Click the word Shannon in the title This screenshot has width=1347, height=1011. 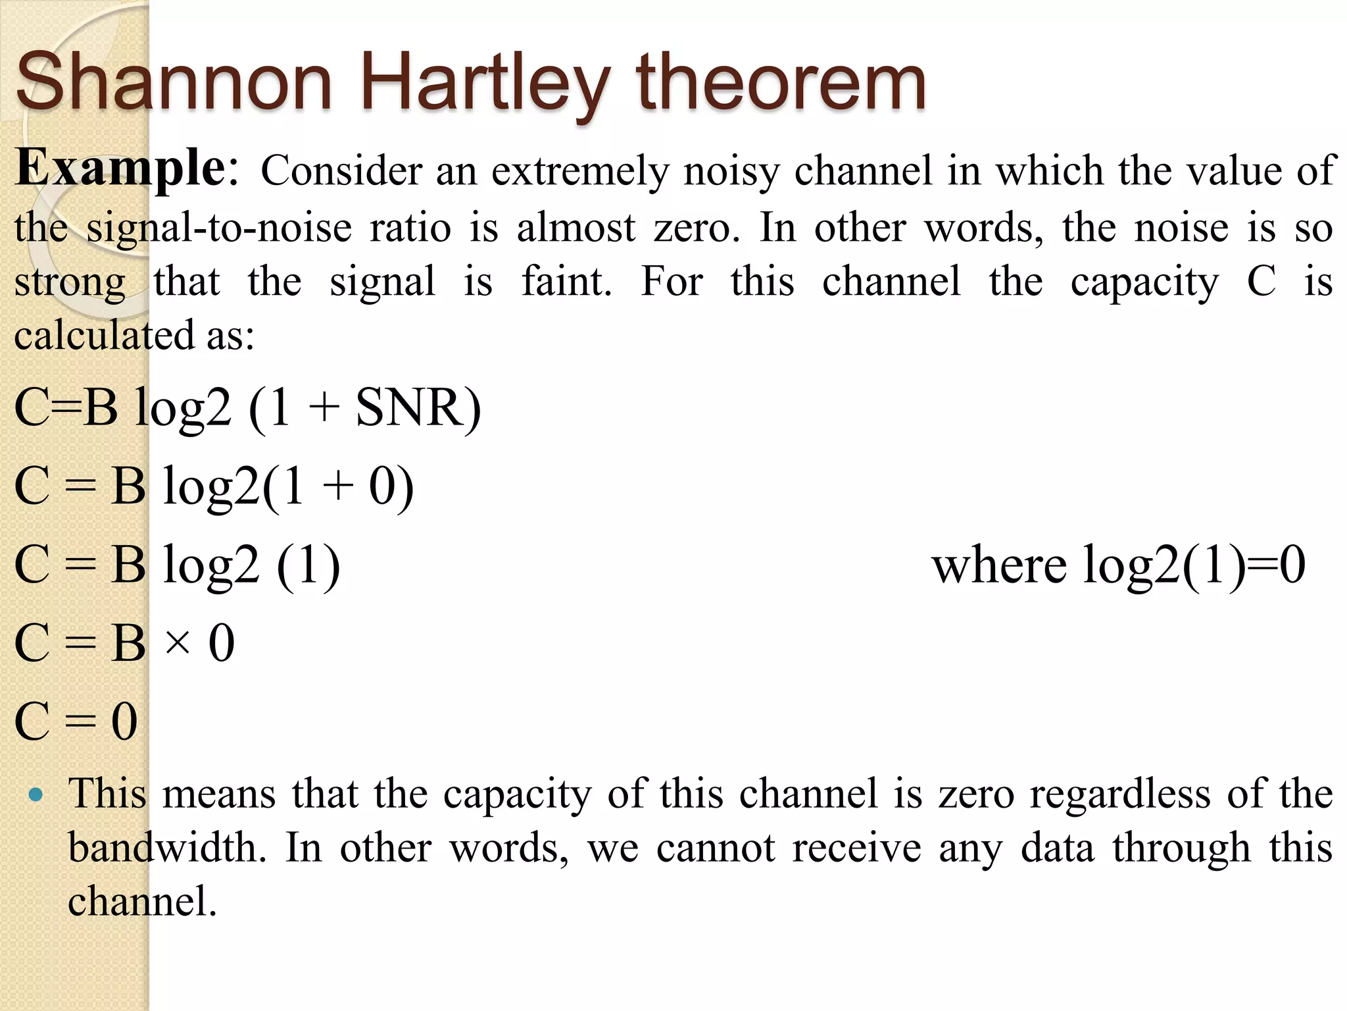[x=174, y=83]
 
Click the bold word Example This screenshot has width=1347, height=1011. [x=121, y=168]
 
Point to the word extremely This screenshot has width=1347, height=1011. [x=579, y=171]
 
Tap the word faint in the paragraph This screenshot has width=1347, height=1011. [x=566, y=281]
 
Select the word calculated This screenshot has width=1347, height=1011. [x=105, y=335]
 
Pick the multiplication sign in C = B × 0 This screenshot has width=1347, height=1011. [x=178, y=642]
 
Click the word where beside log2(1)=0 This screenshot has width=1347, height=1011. [x=999, y=565]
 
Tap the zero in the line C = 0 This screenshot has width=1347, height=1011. [x=124, y=721]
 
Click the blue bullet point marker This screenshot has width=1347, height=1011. [x=37, y=794]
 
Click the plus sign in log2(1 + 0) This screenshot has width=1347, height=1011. [x=338, y=488]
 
